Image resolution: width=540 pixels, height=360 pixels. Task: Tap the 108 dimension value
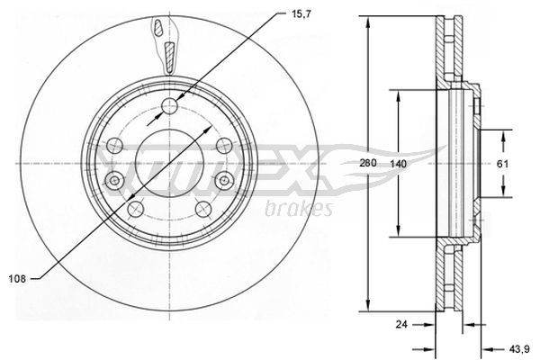tap(15, 279)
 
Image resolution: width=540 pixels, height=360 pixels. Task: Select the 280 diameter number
tap(366, 165)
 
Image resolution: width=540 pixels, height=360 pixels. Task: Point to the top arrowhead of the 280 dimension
tap(368, 22)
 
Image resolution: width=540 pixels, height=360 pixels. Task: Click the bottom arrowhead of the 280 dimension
tap(368, 304)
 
